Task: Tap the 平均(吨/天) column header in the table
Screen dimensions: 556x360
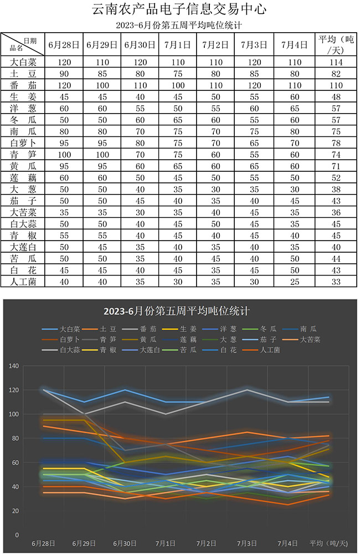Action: pos(337,44)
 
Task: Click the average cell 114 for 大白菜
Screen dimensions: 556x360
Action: pos(337,62)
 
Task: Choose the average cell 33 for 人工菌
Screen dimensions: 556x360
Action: pos(337,281)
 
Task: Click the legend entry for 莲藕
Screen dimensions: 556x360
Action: pos(190,339)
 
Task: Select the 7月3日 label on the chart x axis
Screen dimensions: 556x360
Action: pos(245,543)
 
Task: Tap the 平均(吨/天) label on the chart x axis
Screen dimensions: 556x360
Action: pos(328,543)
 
